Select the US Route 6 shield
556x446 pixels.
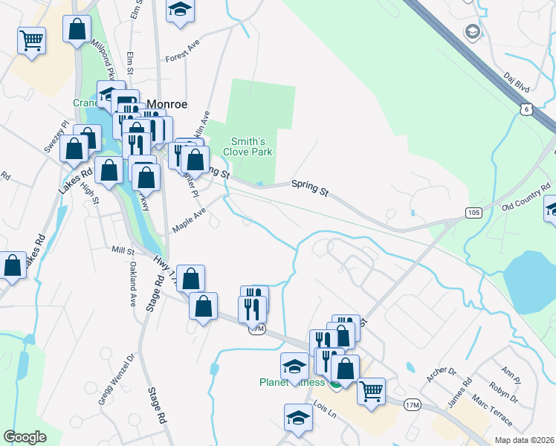(526, 109)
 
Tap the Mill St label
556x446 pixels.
(121, 251)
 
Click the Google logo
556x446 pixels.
(25, 437)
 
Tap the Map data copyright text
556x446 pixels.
(524, 440)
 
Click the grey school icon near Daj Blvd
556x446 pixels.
(471, 32)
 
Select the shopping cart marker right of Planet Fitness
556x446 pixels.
(371, 390)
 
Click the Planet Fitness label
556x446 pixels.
(292, 383)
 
